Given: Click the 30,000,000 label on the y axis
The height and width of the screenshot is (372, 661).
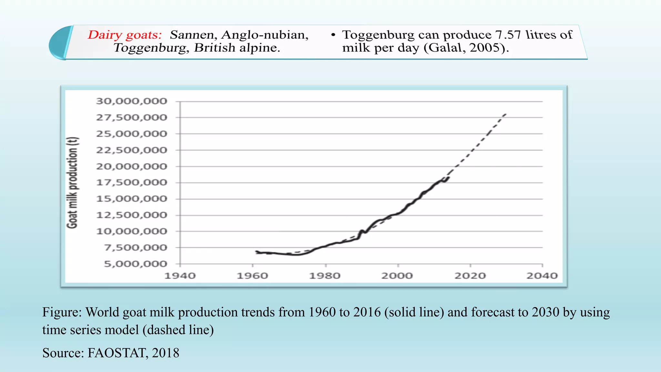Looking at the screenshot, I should pyautogui.click(x=131, y=101).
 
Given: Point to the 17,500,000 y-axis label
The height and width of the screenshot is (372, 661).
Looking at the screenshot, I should pyautogui.click(x=131, y=183).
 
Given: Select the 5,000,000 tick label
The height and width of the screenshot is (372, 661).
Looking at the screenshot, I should pyautogui.click(x=135, y=264).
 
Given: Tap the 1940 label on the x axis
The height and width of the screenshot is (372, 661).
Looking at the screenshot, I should pyautogui.click(x=180, y=276).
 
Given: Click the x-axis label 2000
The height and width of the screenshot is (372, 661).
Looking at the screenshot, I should pyautogui.click(x=397, y=276).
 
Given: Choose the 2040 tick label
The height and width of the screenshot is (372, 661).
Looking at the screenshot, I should pyautogui.click(x=542, y=276).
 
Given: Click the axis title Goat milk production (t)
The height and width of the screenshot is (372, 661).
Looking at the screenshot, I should pyautogui.click(x=72, y=183).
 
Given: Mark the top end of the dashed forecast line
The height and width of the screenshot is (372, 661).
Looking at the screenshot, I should pyautogui.click(x=505, y=114).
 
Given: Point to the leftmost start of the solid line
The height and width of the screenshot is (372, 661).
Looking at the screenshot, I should pyautogui.click(x=256, y=252).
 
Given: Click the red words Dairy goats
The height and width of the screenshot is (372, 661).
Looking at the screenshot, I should pyautogui.click(x=125, y=35).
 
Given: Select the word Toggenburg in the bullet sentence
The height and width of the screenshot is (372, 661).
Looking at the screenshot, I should pyautogui.click(x=378, y=35).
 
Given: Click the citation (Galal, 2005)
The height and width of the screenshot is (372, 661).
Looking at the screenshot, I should pyautogui.click(x=466, y=48).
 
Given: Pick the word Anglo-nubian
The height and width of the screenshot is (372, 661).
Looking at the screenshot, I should pyautogui.click(x=265, y=35).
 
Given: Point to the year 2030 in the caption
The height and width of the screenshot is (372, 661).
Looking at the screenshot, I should pyautogui.click(x=545, y=312).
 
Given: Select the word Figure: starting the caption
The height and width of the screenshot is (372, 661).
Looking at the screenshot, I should pyautogui.click(x=62, y=312).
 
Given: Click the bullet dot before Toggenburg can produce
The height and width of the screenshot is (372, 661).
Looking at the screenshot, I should pyautogui.click(x=333, y=35).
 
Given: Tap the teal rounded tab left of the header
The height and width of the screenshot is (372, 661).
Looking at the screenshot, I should pyautogui.click(x=60, y=43).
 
